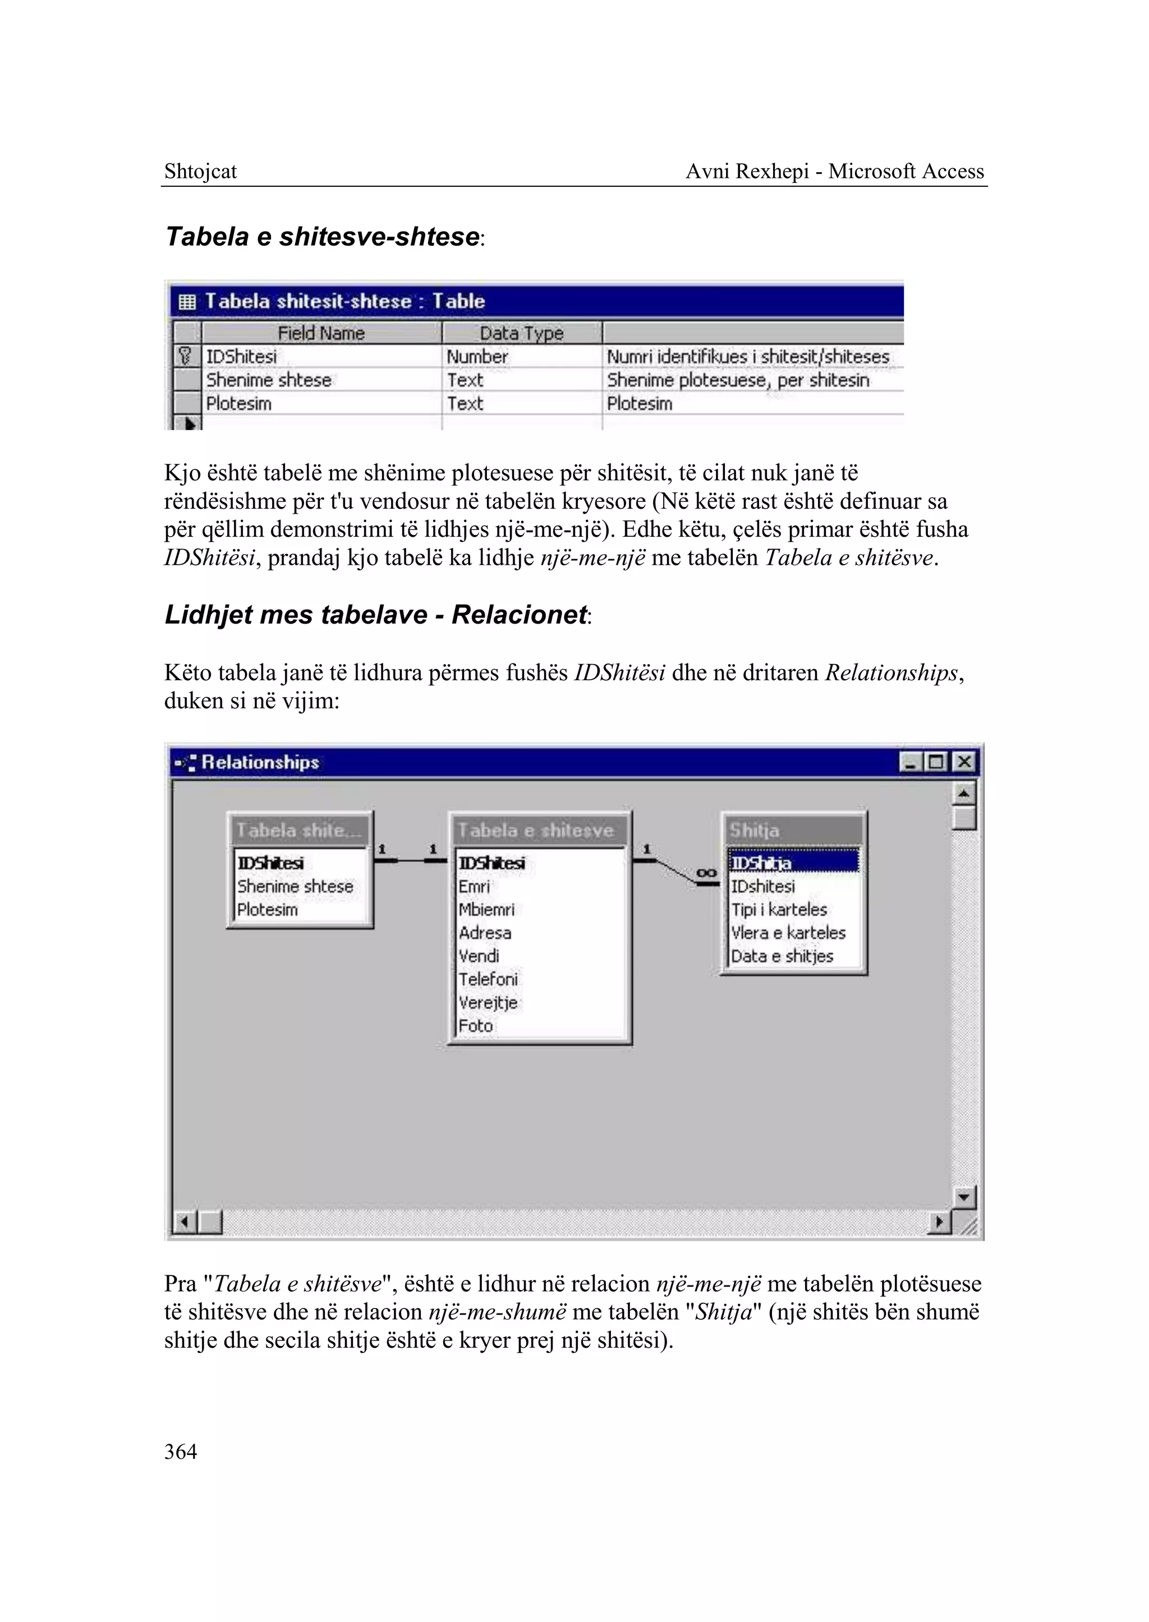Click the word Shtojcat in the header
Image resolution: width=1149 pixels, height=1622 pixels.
(x=200, y=171)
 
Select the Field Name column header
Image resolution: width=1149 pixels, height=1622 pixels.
(x=321, y=333)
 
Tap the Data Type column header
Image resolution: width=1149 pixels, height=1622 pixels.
(x=521, y=333)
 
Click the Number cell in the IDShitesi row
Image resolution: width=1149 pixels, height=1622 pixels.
(x=477, y=357)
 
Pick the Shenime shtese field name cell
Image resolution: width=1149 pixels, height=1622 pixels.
(x=269, y=380)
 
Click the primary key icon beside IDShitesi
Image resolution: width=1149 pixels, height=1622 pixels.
(x=185, y=356)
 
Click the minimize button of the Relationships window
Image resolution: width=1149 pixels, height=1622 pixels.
(x=911, y=762)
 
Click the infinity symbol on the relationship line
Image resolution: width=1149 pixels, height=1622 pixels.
(x=706, y=873)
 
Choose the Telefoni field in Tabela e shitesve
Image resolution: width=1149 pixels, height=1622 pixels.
(x=488, y=979)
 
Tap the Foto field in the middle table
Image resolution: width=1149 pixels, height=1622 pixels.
(x=475, y=1026)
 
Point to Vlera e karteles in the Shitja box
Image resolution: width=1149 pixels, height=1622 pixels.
(x=788, y=932)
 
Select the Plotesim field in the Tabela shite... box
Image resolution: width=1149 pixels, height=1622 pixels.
(x=268, y=910)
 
